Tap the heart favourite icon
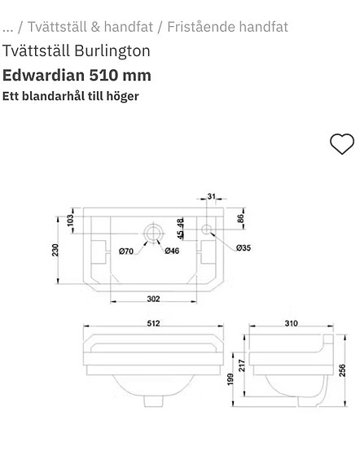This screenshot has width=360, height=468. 341,143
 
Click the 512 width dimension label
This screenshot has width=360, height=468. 153,323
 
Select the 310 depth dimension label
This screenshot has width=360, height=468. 291,323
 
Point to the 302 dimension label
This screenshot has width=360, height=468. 153,298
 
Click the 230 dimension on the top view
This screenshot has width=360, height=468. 56,249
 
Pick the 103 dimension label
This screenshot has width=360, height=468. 70,220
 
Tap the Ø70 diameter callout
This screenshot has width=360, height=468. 126,251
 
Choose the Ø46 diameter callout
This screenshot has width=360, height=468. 172,251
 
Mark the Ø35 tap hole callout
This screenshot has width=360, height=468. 244,247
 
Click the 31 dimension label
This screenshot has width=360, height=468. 211,196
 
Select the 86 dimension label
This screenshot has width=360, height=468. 240,218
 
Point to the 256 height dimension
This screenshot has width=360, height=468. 343,370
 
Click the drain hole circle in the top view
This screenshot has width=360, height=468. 152,233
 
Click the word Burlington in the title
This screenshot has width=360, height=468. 112,50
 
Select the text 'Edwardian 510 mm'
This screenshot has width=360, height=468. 77,76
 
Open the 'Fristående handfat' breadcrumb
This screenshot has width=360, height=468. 227,26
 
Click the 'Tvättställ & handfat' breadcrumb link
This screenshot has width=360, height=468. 90,26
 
